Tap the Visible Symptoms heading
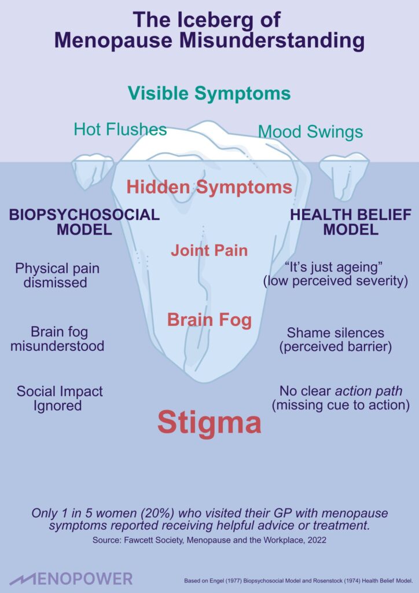coord(209,93)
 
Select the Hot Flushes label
coord(120,129)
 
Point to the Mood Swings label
coord(310,131)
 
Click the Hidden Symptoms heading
coord(209,187)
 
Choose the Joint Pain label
coord(209,250)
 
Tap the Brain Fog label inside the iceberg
coord(209,319)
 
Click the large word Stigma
coord(209,423)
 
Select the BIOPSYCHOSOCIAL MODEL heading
coord(84,222)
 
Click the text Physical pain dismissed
coord(57,276)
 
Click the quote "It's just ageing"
coord(335,268)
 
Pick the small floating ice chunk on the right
coord(344,171)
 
